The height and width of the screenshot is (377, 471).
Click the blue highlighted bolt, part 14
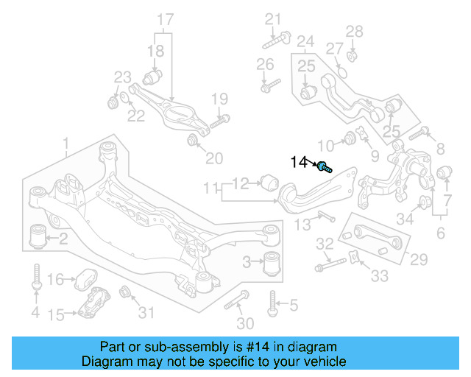(325, 167)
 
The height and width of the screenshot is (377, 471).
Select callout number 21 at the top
(274, 18)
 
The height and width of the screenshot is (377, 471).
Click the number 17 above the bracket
(165, 18)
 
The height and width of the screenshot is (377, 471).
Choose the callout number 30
(245, 323)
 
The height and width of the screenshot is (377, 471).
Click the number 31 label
(147, 313)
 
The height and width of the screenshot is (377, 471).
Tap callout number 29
(418, 259)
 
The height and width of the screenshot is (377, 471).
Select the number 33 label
(379, 277)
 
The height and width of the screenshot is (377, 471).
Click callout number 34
(405, 218)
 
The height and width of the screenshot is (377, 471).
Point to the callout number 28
(355, 31)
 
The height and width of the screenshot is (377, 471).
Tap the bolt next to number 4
(35, 278)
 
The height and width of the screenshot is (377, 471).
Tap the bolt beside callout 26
(270, 85)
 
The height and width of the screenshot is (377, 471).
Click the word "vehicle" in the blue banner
(319, 362)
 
